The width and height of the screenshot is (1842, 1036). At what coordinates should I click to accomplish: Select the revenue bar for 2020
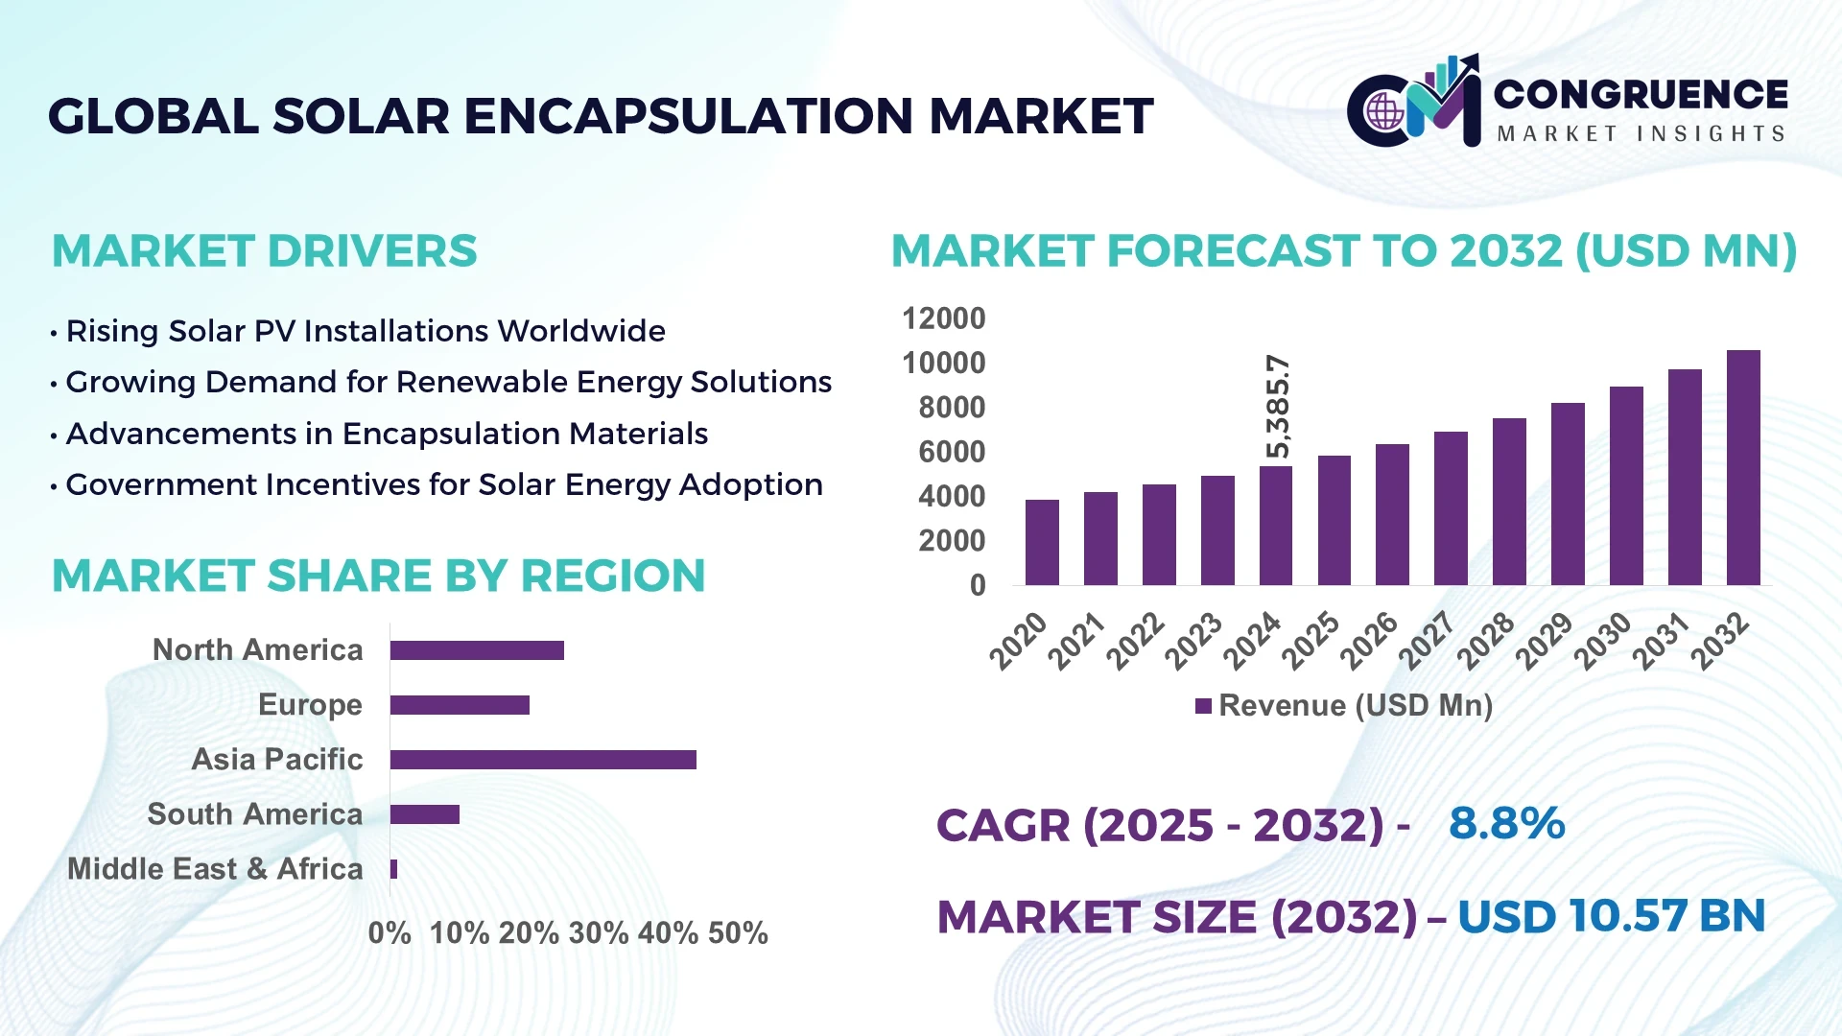(x=1042, y=543)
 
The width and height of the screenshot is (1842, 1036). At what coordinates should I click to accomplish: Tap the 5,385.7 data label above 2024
(x=1278, y=407)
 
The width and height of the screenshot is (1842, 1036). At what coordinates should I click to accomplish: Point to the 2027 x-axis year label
(x=1427, y=640)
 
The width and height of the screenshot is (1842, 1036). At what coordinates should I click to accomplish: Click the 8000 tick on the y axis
(x=951, y=408)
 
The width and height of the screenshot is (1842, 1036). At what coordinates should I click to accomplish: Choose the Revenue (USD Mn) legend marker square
(x=1203, y=707)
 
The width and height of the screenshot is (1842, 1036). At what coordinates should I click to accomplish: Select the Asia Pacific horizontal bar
(x=543, y=760)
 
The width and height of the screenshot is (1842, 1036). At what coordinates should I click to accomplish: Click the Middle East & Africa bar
(x=393, y=869)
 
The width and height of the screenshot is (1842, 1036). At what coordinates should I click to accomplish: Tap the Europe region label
(x=310, y=705)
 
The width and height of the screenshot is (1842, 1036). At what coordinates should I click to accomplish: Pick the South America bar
(x=424, y=814)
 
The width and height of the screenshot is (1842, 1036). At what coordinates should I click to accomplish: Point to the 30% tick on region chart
(x=599, y=933)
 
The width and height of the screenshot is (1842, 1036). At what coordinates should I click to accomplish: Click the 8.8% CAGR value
(x=1506, y=824)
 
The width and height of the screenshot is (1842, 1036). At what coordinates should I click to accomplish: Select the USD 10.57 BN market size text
(x=1611, y=916)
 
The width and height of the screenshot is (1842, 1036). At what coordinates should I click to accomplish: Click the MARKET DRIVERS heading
(x=264, y=251)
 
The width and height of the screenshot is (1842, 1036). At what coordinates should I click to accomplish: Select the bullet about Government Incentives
(x=443, y=485)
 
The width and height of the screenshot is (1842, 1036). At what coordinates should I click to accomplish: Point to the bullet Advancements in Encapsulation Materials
(x=386, y=434)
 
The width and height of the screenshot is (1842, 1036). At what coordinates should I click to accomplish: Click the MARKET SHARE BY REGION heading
(x=378, y=577)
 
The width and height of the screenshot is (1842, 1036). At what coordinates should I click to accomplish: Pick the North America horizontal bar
(x=477, y=650)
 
